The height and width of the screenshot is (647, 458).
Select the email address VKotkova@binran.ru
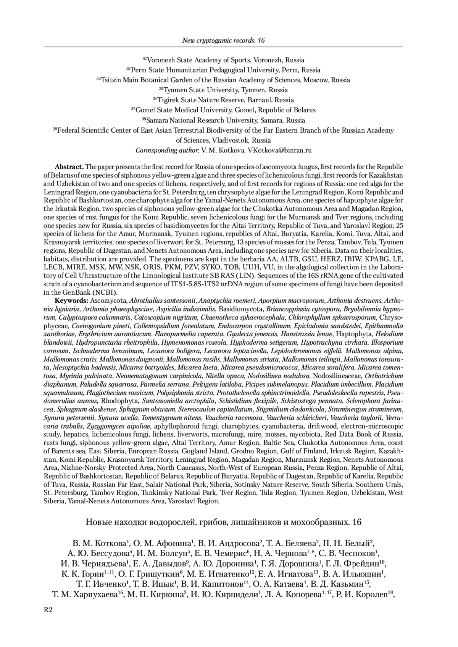click(x=280, y=150)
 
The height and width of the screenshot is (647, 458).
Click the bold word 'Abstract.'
click(x=69, y=167)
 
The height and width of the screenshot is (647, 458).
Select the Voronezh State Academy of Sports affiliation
click(x=223, y=60)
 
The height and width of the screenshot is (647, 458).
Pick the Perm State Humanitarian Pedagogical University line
click(x=223, y=70)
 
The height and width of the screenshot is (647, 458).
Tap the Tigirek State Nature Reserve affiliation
click(x=223, y=100)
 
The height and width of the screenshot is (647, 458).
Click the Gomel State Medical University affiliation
click(x=223, y=110)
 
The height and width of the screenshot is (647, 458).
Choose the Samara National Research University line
click(x=223, y=120)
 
